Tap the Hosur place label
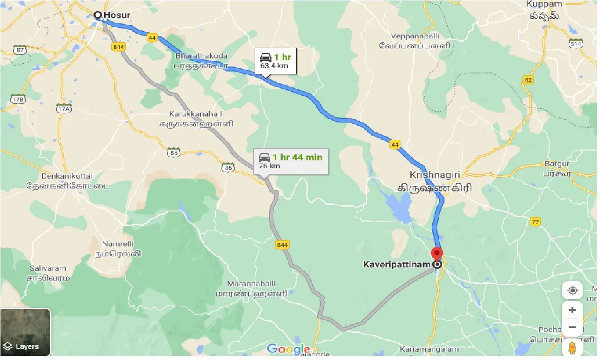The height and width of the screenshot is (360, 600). click(x=116, y=15)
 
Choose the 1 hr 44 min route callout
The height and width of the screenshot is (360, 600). click(x=291, y=161)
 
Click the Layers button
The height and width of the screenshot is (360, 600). click(x=25, y=331)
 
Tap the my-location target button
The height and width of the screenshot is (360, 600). click(x=572, y=290)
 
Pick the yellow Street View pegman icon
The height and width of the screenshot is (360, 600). click(x=572, y=348)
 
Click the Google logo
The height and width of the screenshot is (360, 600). click(x=288, y=349)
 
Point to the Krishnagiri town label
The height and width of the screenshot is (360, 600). click(x=435, y=175)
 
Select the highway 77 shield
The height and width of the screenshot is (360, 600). click(x=536, y=222)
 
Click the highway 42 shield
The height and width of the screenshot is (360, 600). click(x=528, y=80)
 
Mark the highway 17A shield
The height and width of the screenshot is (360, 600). click(x=63, y=109)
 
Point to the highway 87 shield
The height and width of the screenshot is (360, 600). click(x=20, y=50)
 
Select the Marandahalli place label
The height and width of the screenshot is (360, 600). click(x=251, y=284)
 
